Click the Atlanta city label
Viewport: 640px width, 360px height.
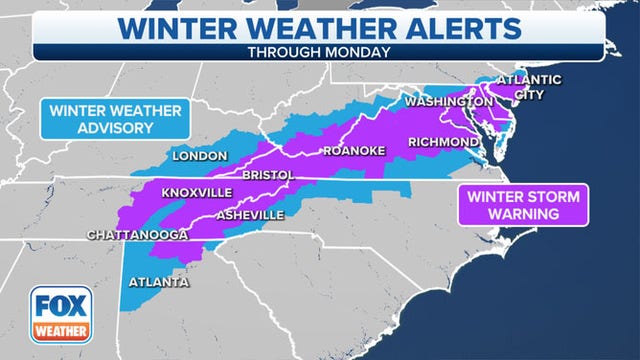159,282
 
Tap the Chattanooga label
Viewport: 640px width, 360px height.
137,236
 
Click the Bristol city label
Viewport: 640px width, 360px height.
268,175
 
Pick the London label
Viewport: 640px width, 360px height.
200,156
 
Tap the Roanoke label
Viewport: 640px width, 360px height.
350,152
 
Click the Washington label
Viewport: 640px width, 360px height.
448,102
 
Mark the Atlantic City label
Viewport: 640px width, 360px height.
530,88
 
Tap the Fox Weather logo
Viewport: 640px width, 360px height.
61,315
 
